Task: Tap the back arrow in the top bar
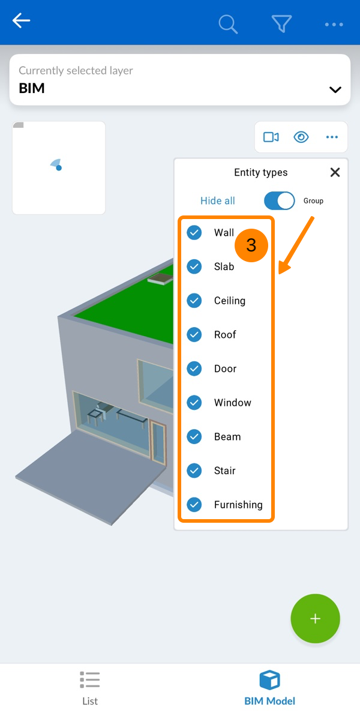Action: [x=22, y=21]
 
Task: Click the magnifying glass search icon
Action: [x=228, y=24]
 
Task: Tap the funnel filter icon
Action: [x=281, y=24]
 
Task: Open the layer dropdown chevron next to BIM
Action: [x=335, y=89]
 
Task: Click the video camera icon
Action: [x=271, y=137]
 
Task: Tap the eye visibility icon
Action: [x=301, y=137]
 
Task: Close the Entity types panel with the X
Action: [x=335, y=172]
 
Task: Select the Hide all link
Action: [x=218, y=201]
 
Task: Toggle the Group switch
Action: [x=280, y=200]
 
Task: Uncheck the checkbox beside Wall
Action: [x=194, y=233]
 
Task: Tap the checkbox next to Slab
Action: [x=194, y=266]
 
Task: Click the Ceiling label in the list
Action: [x=230, y=301]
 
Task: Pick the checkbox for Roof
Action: [x=194, y=335]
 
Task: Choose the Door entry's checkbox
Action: [x=194, y=369]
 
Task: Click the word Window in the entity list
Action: [x=233, y=403]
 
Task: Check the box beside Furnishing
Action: [x=194, y=505]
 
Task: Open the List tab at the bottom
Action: [x=90, y=688]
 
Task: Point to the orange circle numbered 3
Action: [x=251, y=245]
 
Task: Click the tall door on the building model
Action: [x=158, y=443]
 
